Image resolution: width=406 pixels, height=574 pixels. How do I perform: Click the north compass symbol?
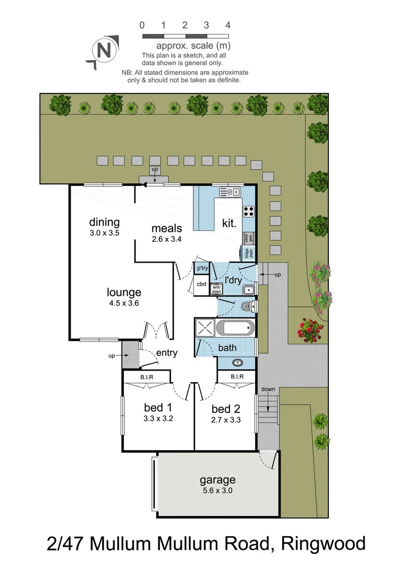(104, 52)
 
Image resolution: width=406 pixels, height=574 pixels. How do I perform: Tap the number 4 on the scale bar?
(227, 25)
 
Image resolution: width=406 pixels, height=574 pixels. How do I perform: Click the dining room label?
(104, 222)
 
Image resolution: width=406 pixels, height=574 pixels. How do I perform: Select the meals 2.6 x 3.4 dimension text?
(166, 239)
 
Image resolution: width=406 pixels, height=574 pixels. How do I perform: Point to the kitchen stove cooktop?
(248, 210)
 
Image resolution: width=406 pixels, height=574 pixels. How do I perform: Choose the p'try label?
(202, 269)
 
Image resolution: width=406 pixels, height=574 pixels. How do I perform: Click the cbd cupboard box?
(201, 284)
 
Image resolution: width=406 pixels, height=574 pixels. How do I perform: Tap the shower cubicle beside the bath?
(205, 327)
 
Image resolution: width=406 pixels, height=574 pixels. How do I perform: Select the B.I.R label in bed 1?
(147, 377)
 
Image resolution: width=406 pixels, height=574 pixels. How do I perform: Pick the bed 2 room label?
(225, 409)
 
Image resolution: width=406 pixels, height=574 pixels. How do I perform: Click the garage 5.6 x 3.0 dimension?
(217, 491)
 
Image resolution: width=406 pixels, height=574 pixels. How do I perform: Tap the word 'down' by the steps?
(268, 389)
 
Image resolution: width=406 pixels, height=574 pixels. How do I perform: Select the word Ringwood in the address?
(323, 544)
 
